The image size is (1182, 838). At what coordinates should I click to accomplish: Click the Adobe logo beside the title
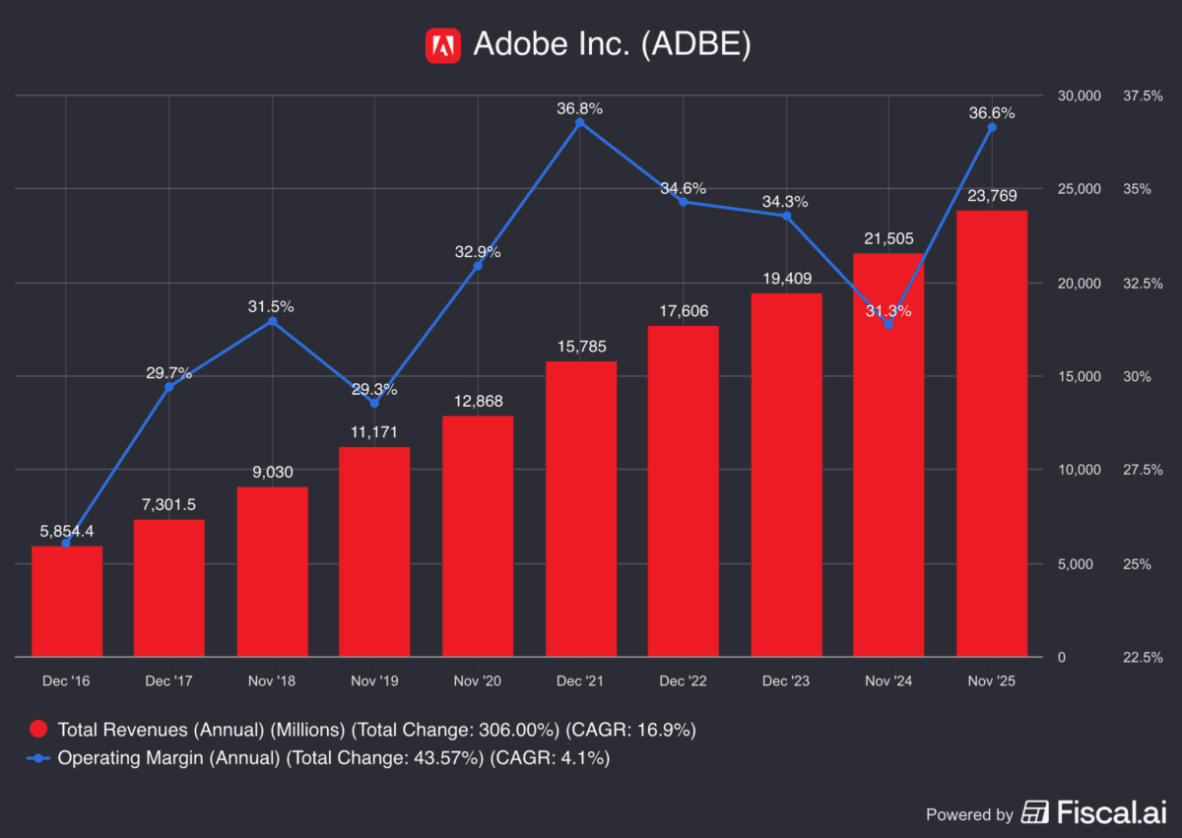443,45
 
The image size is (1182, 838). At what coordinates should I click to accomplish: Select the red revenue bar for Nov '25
991,433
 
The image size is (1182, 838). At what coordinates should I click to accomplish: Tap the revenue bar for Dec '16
67,601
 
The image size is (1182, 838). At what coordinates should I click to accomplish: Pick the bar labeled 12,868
478,537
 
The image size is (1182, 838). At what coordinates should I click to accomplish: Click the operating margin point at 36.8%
580,122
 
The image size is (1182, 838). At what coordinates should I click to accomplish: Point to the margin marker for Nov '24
888,324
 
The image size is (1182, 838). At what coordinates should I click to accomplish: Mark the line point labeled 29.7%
168,387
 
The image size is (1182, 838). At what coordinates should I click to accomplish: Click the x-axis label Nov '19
374,681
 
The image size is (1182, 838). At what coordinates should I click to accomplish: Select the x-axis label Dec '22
683,681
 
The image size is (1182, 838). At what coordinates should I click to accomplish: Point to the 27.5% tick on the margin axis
1144,470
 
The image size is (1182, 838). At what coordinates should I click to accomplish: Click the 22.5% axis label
1144,657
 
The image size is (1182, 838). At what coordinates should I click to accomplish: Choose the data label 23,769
991,194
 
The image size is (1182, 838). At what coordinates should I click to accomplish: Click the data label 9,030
272,472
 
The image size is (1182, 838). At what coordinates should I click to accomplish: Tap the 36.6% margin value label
991,113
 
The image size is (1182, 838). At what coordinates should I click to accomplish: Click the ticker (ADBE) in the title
695,45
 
